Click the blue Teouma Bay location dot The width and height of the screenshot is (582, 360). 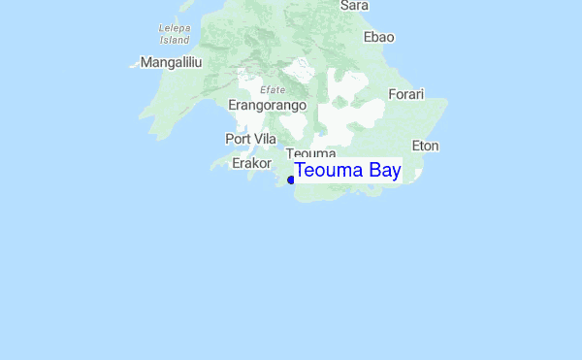[x=291, y=180]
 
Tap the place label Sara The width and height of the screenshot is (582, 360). [x=354, y=6]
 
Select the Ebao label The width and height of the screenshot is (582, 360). [x=378, y=37]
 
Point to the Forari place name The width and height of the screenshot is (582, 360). [x=406, y=94]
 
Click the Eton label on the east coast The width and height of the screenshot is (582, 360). [x=426, y=146]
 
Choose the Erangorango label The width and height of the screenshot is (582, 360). [x=267, y=105]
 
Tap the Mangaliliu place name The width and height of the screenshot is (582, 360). [x=171, y=62]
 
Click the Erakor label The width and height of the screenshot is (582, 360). [x=252, y=163]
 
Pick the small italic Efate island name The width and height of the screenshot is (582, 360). [x=272, y=89]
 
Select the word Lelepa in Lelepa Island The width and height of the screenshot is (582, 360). [x=174, y=29]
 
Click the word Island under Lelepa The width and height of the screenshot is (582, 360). [x=174, y=41]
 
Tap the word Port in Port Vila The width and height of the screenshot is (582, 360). [x=238, y=139]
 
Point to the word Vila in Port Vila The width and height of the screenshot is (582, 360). [x=264, y=139]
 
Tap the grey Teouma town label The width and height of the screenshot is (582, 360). [x=311, y=154]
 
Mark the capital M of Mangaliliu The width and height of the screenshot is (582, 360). [x=146, y=62]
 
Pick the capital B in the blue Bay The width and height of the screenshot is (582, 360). [x=363, y=172]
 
